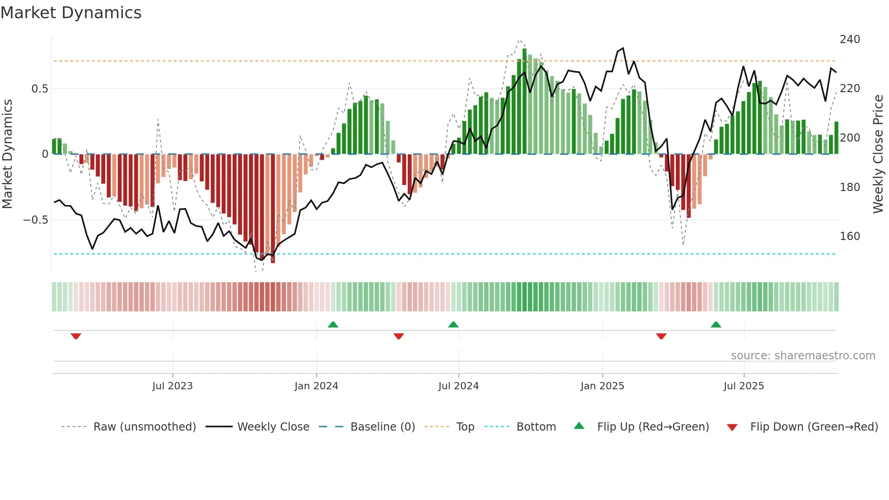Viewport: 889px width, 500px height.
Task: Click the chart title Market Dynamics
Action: coord(71,13)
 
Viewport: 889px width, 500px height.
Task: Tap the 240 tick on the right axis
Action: coord(850,39)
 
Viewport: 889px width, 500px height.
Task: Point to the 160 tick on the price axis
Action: coord(850,236)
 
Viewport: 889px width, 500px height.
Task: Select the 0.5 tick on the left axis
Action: coord(39,89)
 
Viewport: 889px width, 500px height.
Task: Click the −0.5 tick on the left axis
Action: coord(36,220)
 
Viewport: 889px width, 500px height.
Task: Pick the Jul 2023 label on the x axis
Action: coord(172,386)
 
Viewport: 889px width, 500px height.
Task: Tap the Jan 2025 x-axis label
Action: coord(602,386)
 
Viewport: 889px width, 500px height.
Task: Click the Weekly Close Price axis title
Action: coord(878,154)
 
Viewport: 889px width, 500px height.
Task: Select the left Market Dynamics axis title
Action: coord(7,154)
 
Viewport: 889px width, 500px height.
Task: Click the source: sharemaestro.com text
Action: coord(803,356)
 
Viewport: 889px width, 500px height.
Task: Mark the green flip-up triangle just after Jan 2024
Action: coord(333,324)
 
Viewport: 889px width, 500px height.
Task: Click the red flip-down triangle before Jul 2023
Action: coord(76,336)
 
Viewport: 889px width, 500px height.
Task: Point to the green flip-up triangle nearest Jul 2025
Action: coord(716,324)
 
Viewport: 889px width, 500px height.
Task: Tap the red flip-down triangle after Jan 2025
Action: coord(661,336)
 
